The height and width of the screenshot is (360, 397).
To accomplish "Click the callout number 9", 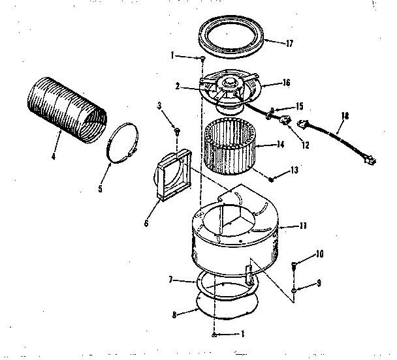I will [320, 284].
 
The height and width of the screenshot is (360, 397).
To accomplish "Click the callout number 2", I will [176, 84].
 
